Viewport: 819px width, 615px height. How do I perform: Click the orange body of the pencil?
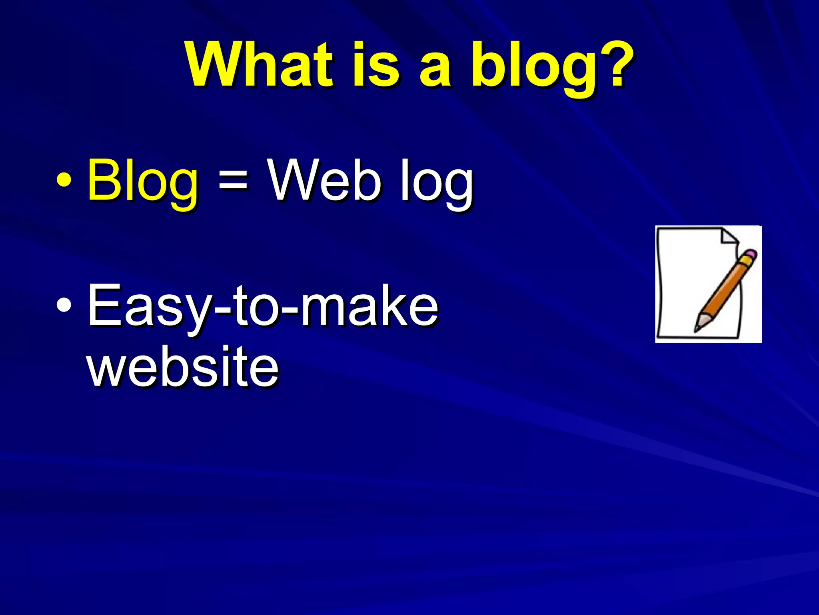724,292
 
